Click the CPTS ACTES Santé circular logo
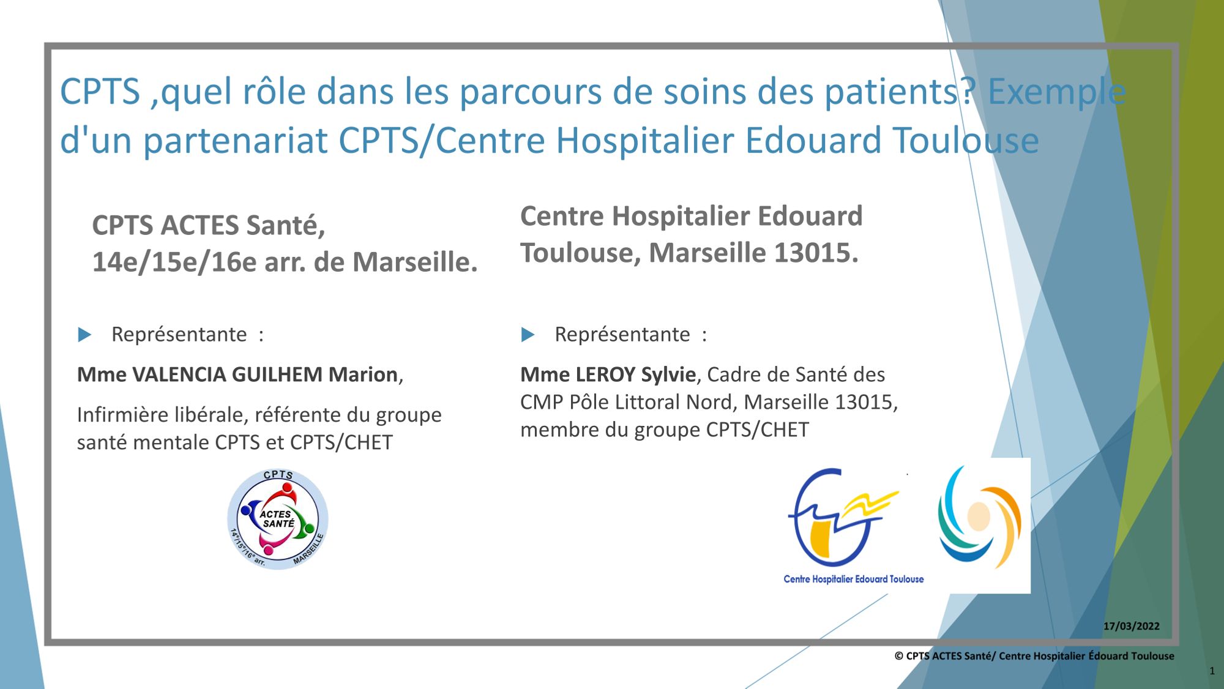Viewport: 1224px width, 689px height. [278, 520]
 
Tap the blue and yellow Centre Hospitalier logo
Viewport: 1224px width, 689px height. [843, 518]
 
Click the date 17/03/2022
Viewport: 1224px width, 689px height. [1131, 626]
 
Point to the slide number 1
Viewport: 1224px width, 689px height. [1212, 671]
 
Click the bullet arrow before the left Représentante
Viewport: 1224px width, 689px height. [84, 335]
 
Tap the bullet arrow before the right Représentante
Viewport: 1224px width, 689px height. [528, 335]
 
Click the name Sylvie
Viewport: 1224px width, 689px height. [668, 374]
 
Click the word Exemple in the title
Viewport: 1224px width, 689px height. [1057, 92]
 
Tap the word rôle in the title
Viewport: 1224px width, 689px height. [274, 92]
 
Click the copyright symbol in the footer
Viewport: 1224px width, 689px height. [899, 656]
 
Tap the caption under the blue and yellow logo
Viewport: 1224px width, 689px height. [854, 579]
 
